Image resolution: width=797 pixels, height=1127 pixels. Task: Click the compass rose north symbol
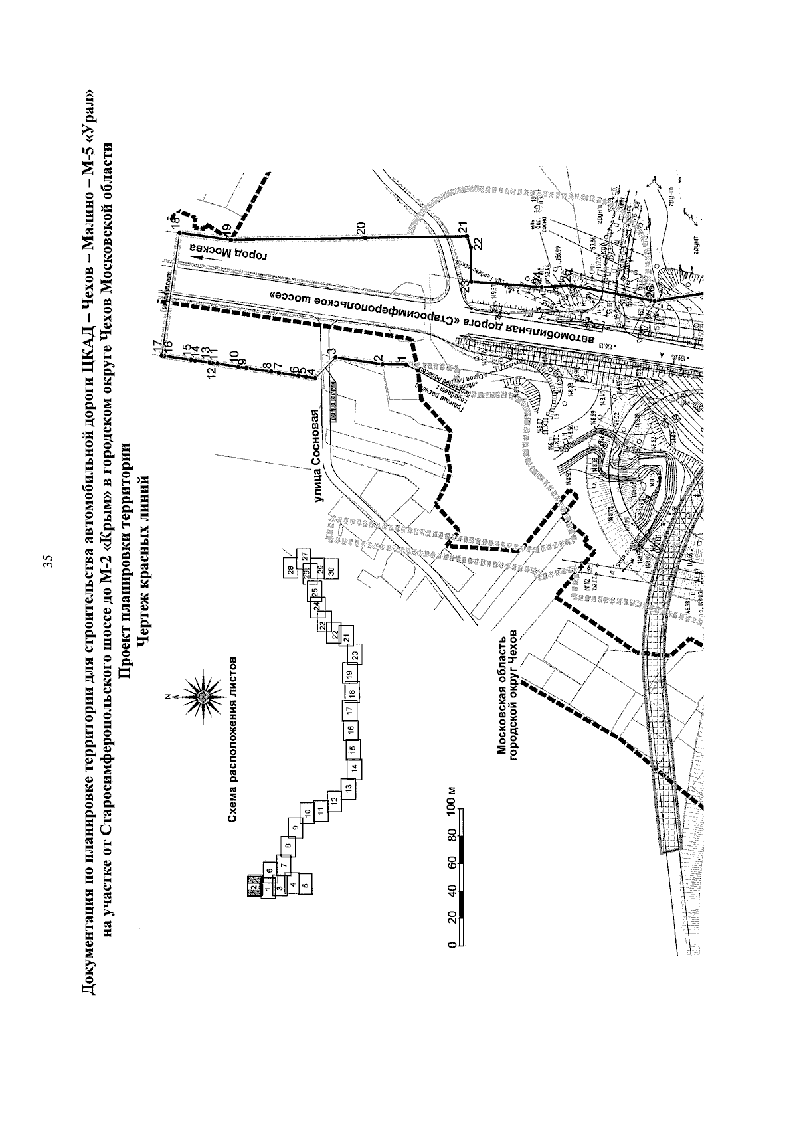[x=201, y=696]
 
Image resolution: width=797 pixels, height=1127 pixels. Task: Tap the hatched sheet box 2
[x=253, y=887]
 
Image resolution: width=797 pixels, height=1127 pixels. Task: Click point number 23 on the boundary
[x=464, y=286]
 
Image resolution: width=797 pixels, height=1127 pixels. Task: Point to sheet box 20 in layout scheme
[x=355, y=654]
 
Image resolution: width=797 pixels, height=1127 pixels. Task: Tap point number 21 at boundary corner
[x=462, y=226]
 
